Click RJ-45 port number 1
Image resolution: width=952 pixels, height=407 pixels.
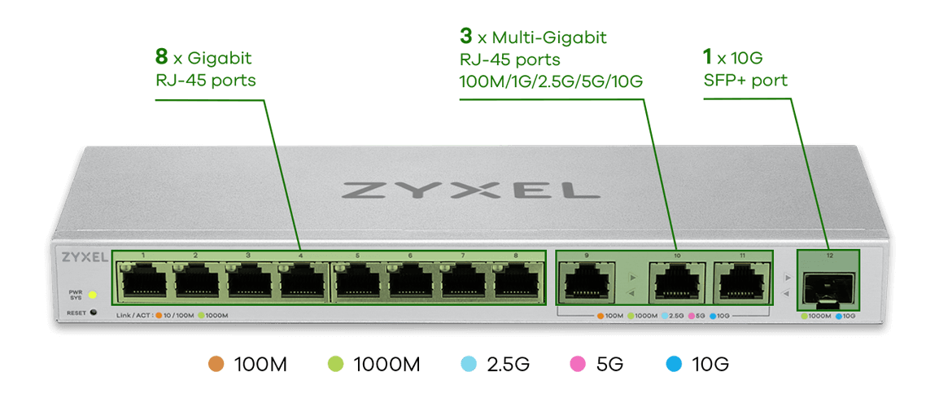(143, 282)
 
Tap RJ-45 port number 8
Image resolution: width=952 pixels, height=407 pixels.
(515, 282)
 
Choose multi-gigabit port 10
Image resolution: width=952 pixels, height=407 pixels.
(675, 282)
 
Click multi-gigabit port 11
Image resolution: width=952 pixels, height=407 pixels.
(741, 282)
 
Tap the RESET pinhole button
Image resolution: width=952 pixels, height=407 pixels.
(94, 313)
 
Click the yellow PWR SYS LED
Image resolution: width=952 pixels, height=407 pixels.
(93, 294)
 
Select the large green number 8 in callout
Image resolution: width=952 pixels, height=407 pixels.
(162, 58)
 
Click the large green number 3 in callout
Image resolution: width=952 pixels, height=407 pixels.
(466, 37)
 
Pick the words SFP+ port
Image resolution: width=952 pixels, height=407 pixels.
(745, 80)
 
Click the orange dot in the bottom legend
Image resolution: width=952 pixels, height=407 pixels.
(216, 364)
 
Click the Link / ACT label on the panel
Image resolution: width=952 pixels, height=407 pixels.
(134, 315)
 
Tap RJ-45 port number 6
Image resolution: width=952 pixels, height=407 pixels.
(410, 282)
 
